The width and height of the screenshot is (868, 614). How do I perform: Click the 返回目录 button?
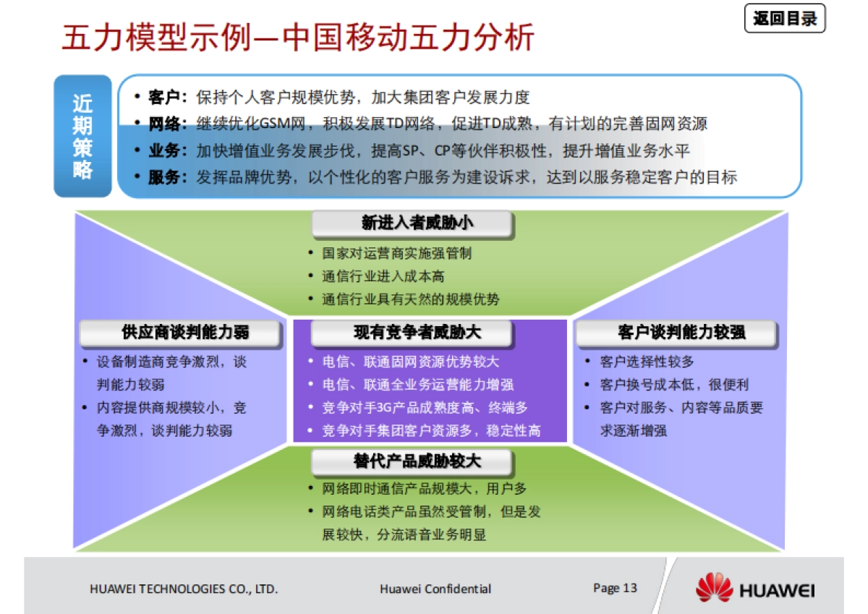coord(785,19)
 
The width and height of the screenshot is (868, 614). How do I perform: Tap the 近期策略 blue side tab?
coord(82,136)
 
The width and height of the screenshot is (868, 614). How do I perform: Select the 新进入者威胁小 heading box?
coord(412,223)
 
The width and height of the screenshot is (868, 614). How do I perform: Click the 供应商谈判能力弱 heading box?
coord(180,333)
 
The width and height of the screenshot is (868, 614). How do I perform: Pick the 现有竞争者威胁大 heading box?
coord(412,333)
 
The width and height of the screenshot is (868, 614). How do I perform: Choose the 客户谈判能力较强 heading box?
coord(676,333)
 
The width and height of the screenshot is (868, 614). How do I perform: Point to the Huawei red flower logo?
coord(714,587)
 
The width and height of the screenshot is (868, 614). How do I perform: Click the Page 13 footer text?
coord(615,587)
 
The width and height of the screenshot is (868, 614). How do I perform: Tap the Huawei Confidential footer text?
coord(435,589)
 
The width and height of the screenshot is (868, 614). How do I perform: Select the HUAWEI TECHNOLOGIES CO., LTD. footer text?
coord(184,589)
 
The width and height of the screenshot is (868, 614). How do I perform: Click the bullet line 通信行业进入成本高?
coord(383,276)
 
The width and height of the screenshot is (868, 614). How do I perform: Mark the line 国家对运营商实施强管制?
coord(397,254)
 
